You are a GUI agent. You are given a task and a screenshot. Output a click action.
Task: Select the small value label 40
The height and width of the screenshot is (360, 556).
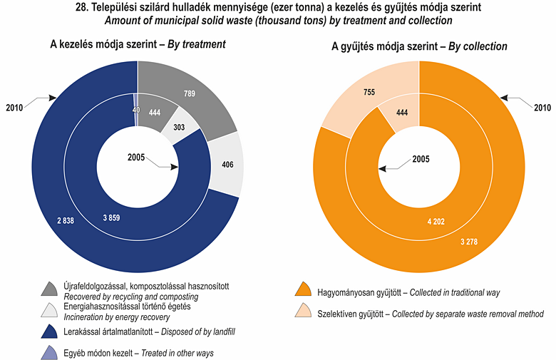[x=135, y=110]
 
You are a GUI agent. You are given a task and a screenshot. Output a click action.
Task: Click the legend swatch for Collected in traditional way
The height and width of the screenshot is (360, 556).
[x=304, y=291]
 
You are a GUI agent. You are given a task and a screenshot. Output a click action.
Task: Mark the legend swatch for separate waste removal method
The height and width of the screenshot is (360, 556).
[x=304, y=312]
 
